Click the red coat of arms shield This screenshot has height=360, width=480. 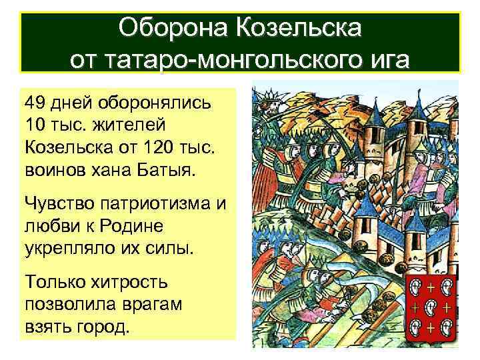(x=431, y=308)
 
